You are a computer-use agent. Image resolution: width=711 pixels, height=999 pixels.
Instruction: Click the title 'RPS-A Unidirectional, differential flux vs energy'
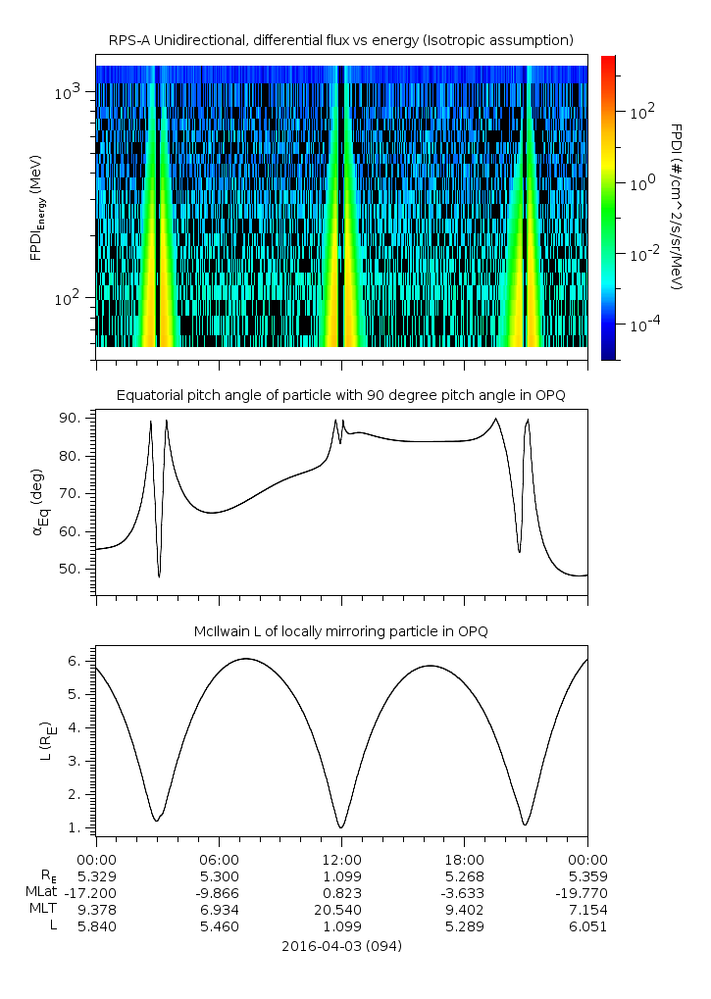(x=340, y=39)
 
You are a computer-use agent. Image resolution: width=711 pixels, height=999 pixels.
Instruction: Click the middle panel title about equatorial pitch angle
(x=340, y=395)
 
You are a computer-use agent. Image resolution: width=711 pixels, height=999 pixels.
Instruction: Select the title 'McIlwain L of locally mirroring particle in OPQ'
(x=340, y=630)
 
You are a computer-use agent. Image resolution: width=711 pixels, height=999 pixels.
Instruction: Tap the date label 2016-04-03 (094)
(x=341, y=946)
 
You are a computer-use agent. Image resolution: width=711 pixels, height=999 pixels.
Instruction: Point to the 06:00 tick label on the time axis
(x=219, y=859)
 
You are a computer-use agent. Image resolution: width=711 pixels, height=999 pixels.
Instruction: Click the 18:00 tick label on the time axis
(x=464, y=859)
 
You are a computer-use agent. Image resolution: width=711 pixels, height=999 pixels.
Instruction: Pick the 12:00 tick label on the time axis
(x=341, y=859)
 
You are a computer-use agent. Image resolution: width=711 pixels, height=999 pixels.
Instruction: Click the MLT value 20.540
(x=341, y=910)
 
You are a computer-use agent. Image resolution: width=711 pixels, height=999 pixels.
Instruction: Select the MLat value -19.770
(x=586, y=893)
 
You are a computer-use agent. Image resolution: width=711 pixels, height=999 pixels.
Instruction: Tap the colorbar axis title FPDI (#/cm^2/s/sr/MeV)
(x=676, y=207)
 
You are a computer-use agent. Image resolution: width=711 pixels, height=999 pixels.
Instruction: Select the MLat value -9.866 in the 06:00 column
(x=219, y=893)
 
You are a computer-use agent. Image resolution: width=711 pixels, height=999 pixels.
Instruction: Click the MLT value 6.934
(x=219, y=910)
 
